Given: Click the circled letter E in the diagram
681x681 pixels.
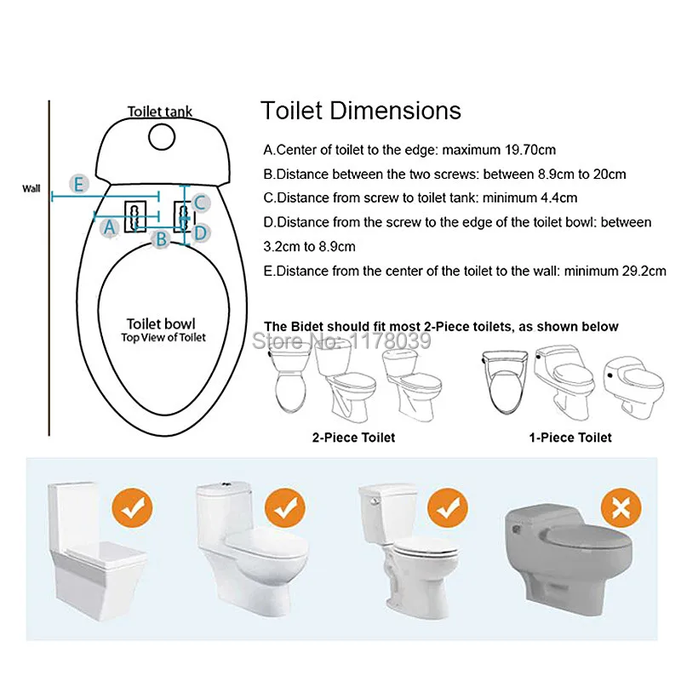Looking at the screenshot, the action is [x=79, y=185].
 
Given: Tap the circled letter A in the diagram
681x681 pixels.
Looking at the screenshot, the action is [x=110, y=227].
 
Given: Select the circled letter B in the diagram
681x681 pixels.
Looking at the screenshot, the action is [x=161, y=238].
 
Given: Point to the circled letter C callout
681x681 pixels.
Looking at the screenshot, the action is [x=200, y=203].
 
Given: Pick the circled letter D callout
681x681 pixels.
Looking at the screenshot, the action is [x=200, y=233].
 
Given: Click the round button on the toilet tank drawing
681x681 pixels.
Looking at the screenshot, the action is [x=162, y=137].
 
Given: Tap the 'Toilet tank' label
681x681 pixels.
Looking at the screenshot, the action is [x=160, y=112].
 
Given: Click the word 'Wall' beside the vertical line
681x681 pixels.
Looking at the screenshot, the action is [x=31, y=188].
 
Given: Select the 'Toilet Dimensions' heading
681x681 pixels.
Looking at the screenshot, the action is [x=360, y=111].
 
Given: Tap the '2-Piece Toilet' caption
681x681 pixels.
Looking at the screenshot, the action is [x=353, y=438].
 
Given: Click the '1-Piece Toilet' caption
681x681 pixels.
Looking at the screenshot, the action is [x=570, y=438].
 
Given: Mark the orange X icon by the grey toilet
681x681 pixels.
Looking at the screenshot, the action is [x=621, y=507].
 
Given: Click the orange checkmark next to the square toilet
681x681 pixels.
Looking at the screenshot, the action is [x=132, y=507].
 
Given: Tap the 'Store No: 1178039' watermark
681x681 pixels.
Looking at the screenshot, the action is [x=341, y=340].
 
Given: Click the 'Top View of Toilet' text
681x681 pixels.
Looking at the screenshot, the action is [x=163, y=337].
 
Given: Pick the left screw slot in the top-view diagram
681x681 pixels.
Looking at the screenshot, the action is [x=135, y=216].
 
